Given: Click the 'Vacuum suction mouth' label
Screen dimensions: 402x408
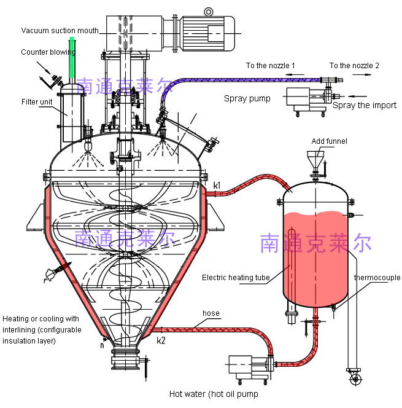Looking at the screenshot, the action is click(x=60, y=31).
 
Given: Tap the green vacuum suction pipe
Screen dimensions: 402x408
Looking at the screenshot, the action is click(x=72, y=58).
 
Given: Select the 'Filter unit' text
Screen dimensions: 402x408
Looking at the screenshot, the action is click(x=37, y=102).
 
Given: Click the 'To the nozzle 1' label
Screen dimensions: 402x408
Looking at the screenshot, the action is click(x=270, y=66).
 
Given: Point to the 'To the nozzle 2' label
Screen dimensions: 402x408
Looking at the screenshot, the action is click(x=354, y=66).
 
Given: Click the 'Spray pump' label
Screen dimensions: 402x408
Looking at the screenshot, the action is click(x=247, y=98).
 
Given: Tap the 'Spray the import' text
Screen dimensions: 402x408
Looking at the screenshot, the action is click(x=365, y=105).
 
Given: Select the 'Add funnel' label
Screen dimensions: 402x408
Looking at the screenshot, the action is click(x=329, y=141).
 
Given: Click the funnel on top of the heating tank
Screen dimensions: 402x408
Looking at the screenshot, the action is click(x=315, y=159).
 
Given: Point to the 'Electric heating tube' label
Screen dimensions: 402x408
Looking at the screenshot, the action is click(x=236, y=278).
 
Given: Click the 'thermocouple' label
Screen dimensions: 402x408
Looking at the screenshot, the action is click(x=377, y=278).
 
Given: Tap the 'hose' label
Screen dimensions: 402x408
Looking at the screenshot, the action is click(x=211, y=313).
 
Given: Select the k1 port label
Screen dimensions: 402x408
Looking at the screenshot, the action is click(x=217, y=186).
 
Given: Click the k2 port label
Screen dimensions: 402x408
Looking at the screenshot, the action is click(x=161, y=340).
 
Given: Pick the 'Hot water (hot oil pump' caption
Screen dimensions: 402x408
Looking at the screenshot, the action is click(x=214, y=394).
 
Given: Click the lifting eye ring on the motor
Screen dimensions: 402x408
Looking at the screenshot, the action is click(x=209, y=12).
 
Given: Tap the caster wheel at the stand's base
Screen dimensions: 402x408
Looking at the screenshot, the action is click(x=355, y=379).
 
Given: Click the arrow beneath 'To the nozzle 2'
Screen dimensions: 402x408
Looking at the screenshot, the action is click(x=362, y=75).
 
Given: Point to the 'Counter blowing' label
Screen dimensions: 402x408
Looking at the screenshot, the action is click(x=48, y=52).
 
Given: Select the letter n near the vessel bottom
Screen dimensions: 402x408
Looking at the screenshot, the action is click(x=102, y=345).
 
